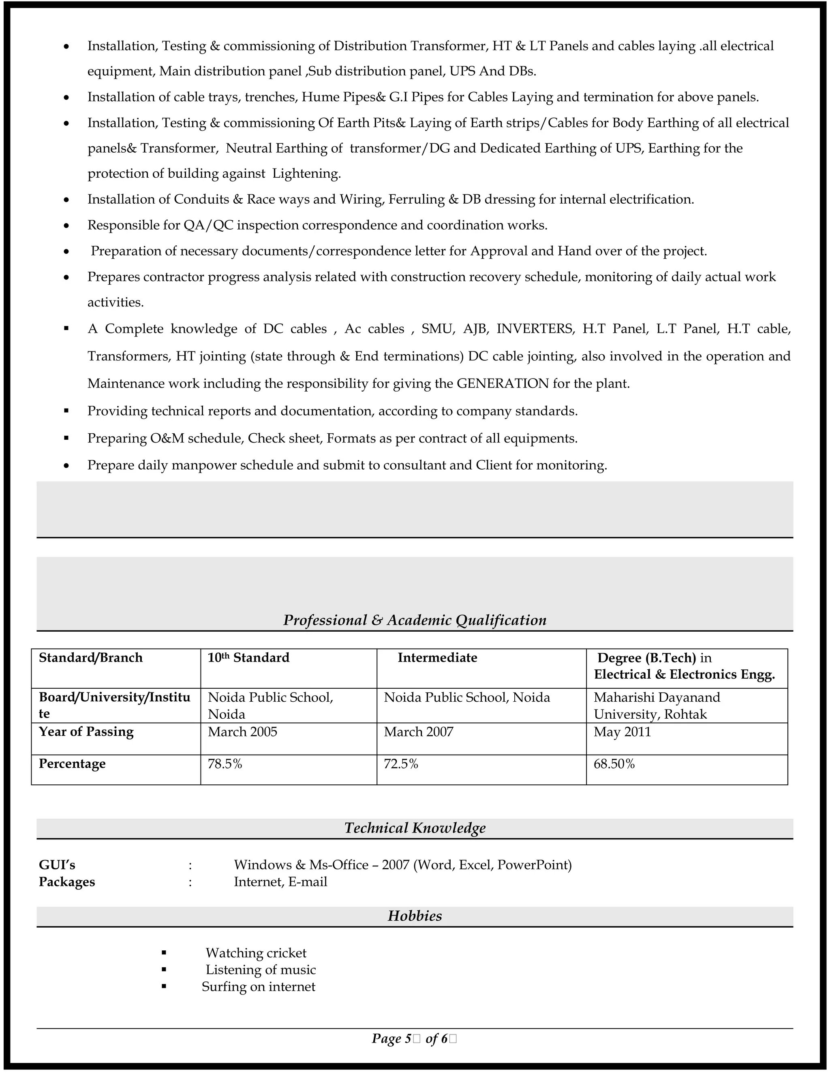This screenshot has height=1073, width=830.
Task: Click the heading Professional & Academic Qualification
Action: tap(415, 620)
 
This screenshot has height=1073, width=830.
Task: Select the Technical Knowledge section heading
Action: tap(415, 828)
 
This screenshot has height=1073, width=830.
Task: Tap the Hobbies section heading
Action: tap(415, 916)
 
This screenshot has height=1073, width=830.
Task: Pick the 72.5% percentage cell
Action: tap(401, 764)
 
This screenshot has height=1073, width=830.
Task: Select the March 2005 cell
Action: tap(242, 732)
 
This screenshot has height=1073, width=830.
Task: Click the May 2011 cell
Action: tap(622, 732)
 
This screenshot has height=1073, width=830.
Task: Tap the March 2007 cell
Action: tap(418, 732)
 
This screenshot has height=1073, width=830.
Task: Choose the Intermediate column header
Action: tap(437, 658)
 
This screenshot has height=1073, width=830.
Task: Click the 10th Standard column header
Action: tap(248, 658)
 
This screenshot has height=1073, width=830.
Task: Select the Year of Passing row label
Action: tap(86, 732)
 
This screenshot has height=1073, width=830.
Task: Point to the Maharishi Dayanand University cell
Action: tap(657, 705)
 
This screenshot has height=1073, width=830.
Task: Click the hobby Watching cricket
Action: tap(256, 953)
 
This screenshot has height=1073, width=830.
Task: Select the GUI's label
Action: tap(57, 865)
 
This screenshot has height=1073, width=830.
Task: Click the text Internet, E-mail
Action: tap(280, 882)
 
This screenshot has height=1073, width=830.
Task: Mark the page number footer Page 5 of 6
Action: tap(414, 1039)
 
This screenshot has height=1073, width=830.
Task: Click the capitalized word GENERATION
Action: tap(503, 384)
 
